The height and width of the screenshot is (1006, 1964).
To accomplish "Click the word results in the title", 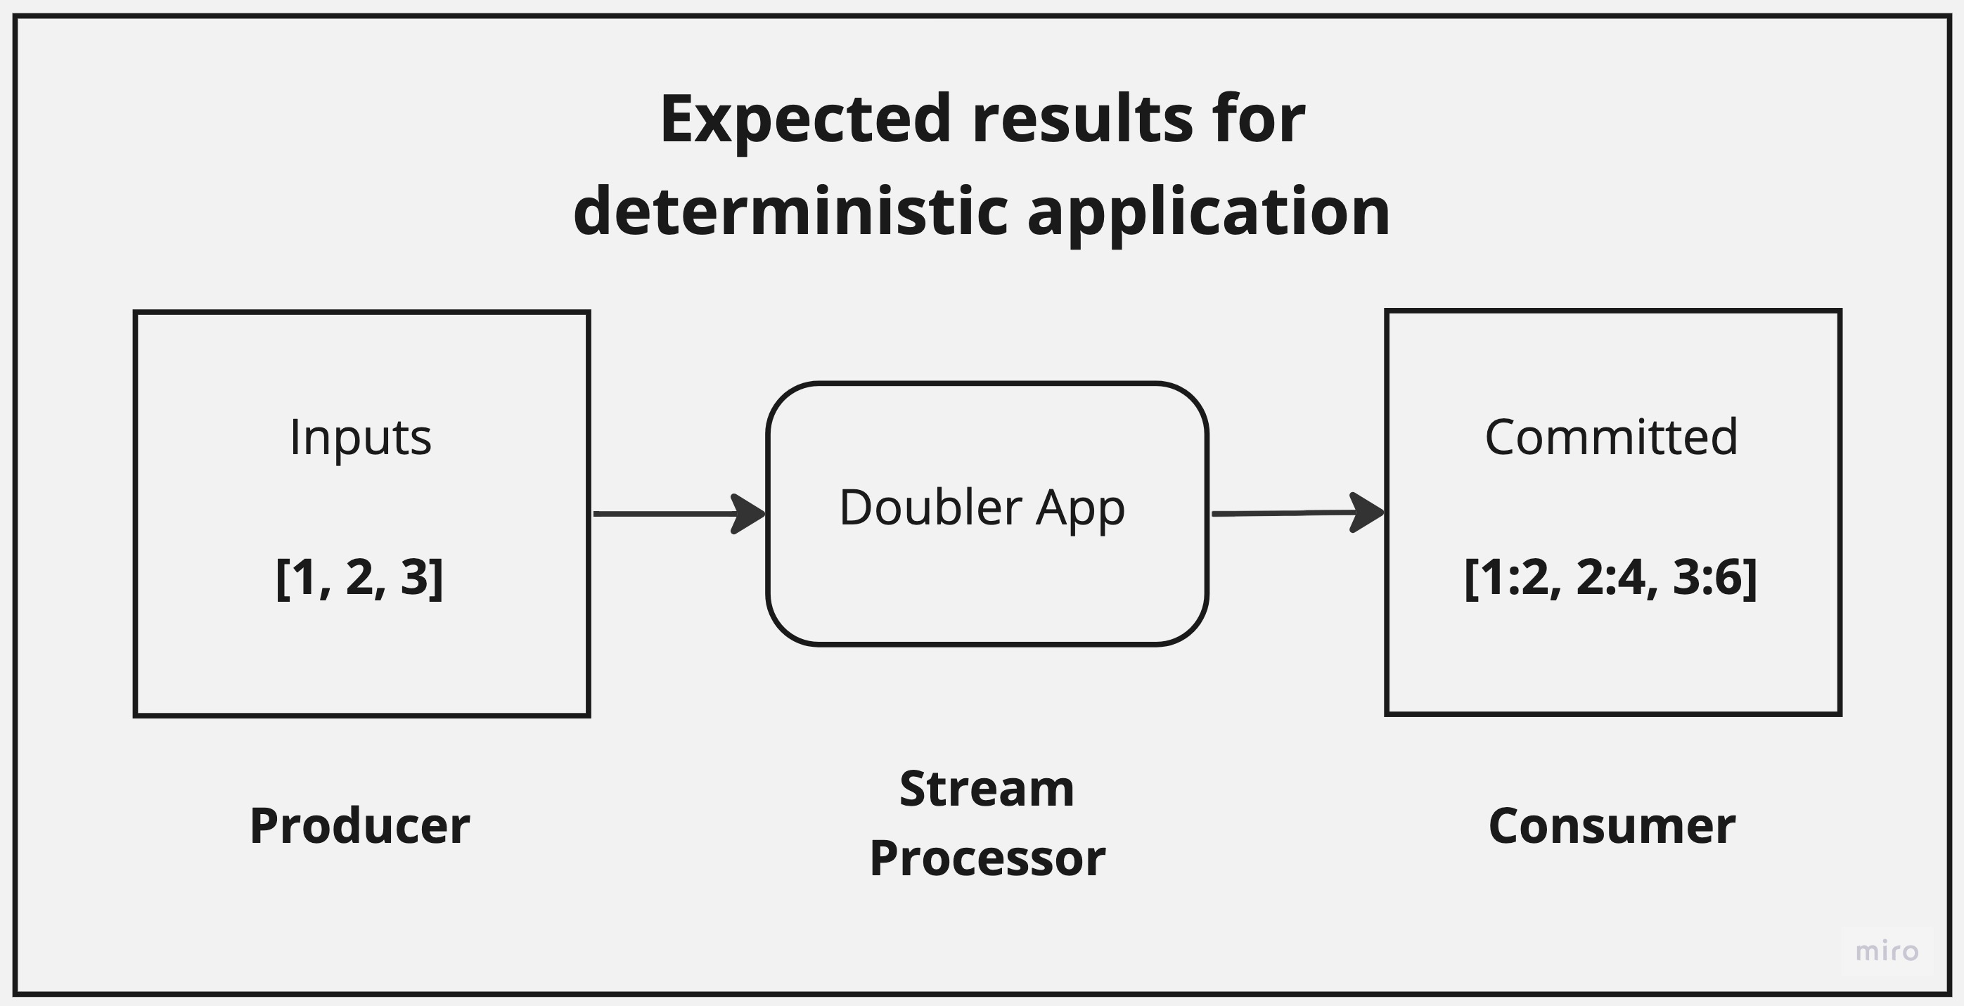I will click(1083, 120).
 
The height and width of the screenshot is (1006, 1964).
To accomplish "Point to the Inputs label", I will click(360, 438).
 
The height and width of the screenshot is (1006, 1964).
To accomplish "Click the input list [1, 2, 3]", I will click(359, 578).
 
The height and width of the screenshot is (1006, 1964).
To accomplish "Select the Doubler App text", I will click(982, 508).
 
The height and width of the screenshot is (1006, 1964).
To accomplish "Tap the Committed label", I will click(1611, 437).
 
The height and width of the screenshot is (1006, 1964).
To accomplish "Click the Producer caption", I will click(360, 826).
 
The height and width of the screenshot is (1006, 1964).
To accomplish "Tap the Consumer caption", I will click(1612, 826).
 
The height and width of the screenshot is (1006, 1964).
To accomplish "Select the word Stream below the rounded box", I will click(987, 789).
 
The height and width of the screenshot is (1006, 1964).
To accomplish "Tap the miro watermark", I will click(1886, 951).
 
